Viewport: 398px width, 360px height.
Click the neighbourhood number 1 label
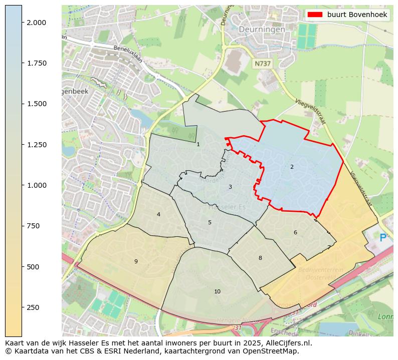tap(198, 144)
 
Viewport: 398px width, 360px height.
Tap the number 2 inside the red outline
tap(292, 167)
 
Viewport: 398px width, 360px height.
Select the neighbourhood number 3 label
tap(230, 187)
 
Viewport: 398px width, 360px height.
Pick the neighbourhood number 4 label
tap(158, 214)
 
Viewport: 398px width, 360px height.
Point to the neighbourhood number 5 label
tap(210, 222)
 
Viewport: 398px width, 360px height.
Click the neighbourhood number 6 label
tap(295, 232)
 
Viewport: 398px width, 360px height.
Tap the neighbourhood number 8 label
tap(260, 258)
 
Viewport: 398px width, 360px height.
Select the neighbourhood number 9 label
tap(135, 261)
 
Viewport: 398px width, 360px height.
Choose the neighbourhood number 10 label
tap(217, 291)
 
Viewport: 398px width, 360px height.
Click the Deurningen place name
tap(262, 30)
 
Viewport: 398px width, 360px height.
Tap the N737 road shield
tap(262, 64)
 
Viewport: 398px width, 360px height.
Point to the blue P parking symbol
tap(383, 238)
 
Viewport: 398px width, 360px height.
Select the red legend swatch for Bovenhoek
tap(315, 15)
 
